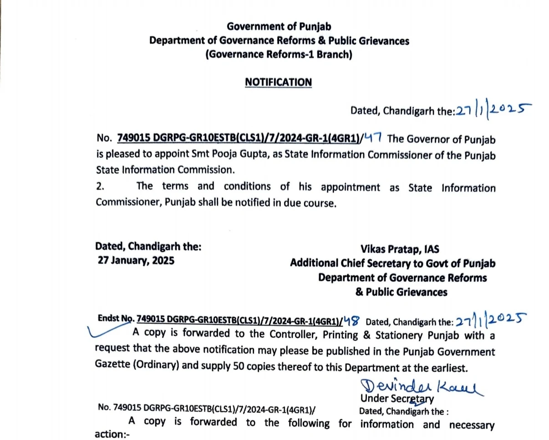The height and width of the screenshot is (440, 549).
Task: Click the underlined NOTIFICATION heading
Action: point(278,82)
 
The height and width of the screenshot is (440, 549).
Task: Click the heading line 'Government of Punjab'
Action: point(279,26)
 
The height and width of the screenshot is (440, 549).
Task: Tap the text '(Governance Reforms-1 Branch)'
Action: point(279,55)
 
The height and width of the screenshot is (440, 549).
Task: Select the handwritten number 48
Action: point(351,321)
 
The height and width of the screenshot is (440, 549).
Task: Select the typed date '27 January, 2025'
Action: point(136,261)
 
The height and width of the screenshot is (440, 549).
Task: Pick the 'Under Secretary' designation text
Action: point(397,399)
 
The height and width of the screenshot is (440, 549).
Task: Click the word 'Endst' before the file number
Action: point(108,319)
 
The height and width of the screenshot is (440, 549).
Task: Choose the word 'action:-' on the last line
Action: point(112,435)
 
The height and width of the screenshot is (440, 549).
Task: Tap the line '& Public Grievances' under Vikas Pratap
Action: point(401,292)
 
